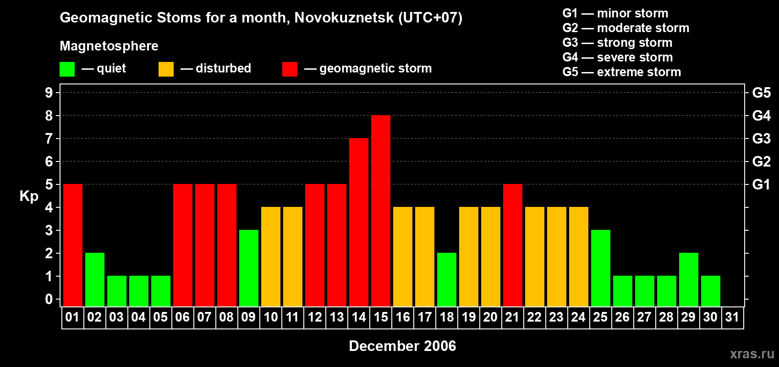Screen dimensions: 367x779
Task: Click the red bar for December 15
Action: pyautogui.click(x=381, y=211)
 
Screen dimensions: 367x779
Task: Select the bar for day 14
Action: pyautogui.click(x=359, y=222)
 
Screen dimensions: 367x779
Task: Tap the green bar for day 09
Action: pyautogui.click(x=249, y=268)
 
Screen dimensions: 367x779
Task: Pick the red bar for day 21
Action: pyautogui.click(x=513, y=245)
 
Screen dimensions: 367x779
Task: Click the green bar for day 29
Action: pyautogui.click(x=689, y=280)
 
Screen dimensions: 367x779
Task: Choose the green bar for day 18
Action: pyautogui.click(x=447, y=280)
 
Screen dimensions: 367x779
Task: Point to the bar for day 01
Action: pyautogui.click(x=73, y=245)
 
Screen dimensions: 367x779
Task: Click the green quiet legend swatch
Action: pyautogui.click(x=67, y=69)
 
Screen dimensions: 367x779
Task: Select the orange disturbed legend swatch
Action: pyautogui.click(x=166, y=69)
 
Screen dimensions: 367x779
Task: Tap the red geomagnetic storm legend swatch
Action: pyautogui.click(x=290, y=69)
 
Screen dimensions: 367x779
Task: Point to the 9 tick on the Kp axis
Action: pyautogui.click(x=49, y=93)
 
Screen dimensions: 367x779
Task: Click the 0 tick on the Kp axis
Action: pyautogui.click(x=49, y=300)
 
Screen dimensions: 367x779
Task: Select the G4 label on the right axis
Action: pyautogui.click(x=761, y=116)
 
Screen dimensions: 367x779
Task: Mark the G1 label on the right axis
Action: pyautogui.click(x=761, y=184)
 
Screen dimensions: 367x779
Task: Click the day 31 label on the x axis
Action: pyautogui.click(x=732, y=317)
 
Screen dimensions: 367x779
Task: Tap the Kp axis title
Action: pyautogui.click(x=29, y=196)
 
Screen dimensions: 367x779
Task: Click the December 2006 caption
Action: pyautogui.click(x=402, y=346)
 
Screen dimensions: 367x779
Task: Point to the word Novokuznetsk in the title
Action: pyautogui.click(x=344, y=18)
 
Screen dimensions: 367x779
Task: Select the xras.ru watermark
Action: pyautogui.click(x=752, y=354)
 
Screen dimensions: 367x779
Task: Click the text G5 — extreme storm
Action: pyautogui.click(x=621, y=72)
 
